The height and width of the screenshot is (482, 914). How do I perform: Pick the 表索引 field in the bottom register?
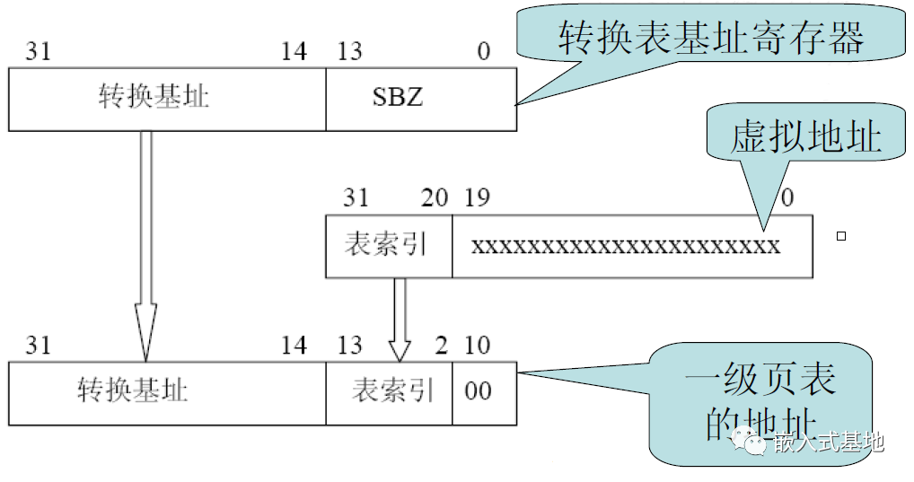coord(388,392)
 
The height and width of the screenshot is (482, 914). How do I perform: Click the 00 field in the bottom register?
coord(483,392)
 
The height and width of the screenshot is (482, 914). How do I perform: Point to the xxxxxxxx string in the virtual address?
coord(626,246)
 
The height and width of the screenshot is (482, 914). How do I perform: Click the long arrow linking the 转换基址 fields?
coord(145,242)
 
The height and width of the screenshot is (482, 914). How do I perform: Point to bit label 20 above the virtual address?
coord(435,197)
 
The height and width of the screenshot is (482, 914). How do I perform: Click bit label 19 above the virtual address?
coord(477,197)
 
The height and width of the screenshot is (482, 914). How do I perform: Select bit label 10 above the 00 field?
coord(479,346)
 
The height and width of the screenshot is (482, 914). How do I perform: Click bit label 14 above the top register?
coord(294,51)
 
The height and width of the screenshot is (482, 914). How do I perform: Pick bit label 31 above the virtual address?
coord(356,197)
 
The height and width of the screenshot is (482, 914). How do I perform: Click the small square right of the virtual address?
coord(841,237)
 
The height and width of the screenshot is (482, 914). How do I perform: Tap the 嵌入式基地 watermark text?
coord(827,442)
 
